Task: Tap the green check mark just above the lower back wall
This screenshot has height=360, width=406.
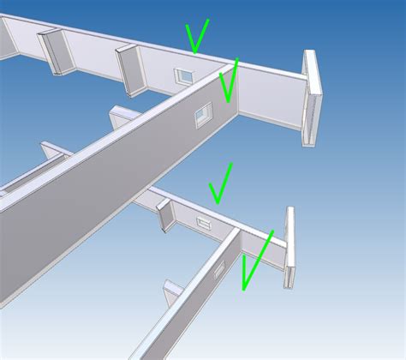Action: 220,185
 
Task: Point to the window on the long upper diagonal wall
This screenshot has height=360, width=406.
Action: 203,115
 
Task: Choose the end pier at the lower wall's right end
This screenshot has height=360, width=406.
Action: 290,247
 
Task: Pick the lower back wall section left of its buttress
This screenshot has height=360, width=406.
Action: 146,203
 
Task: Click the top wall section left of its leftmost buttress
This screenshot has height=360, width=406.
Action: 23,39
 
